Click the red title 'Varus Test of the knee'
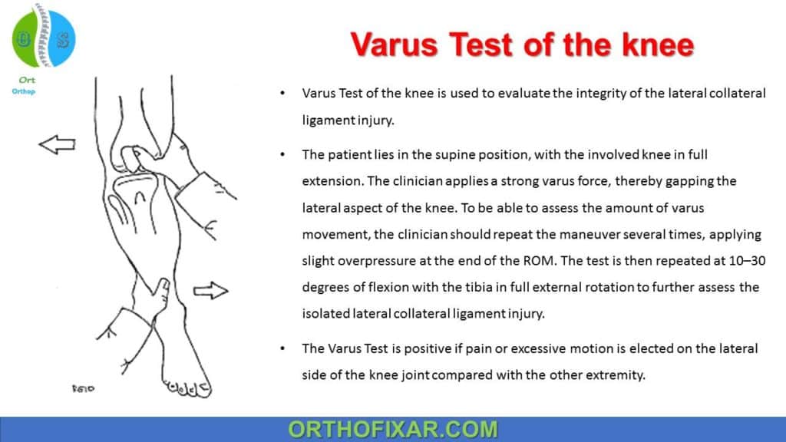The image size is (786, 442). point(522,45)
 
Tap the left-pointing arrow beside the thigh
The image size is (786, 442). point(57,143)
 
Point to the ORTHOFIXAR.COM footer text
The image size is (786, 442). point(392,429)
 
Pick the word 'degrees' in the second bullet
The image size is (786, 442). point(327,287)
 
